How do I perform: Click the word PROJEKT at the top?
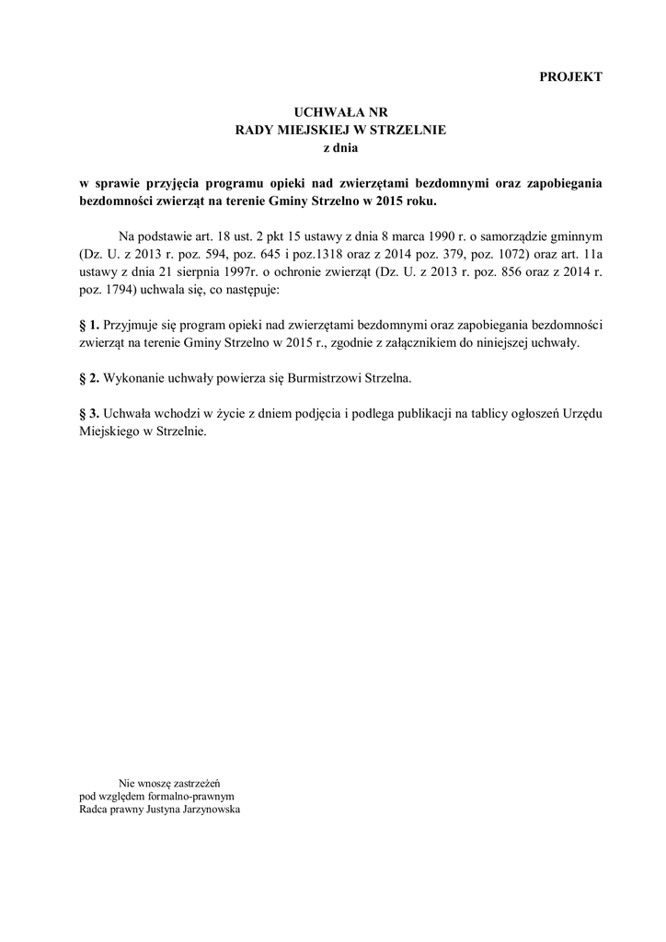(x=570, y=77)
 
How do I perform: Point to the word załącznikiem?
(x=440, y=342)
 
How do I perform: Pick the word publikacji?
(x=422, y=413)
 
